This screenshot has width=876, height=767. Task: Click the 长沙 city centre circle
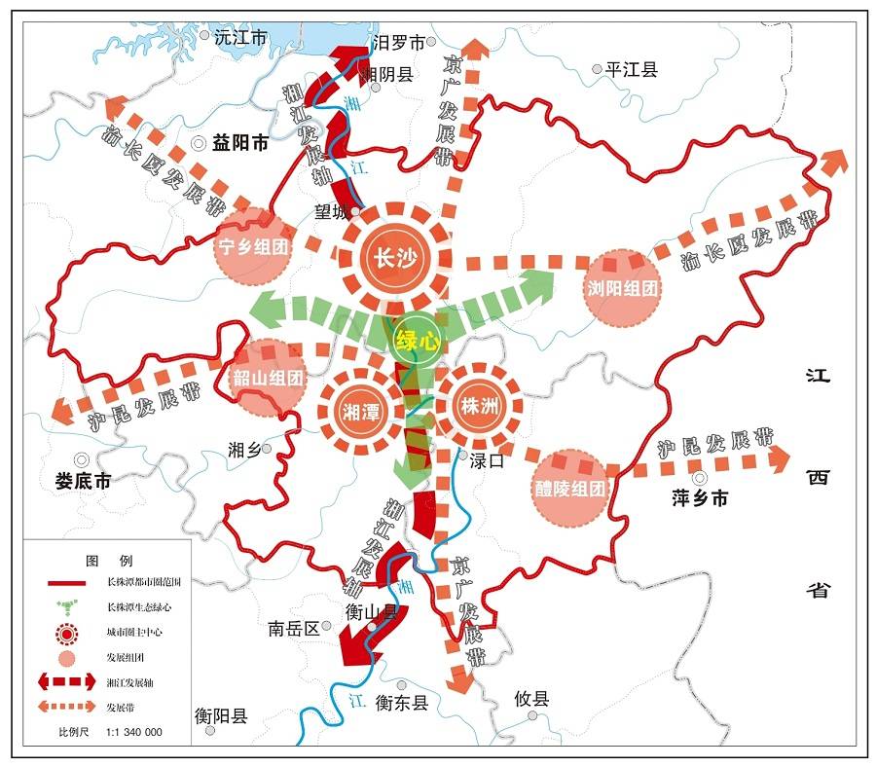[x=395, y=256]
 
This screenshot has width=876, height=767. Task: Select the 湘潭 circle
[x=360, y=413]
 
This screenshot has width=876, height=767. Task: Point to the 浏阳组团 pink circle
[x=624, y=287]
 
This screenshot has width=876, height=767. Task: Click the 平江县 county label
[x=632, y=70]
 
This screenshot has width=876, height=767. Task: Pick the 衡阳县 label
[x=221, y=716]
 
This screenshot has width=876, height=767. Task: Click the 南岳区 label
[x=294, y=629]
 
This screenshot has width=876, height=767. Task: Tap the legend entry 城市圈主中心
[x=134, y=633]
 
